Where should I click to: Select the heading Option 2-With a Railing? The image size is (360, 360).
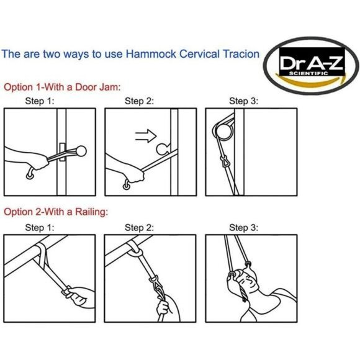tap(56, 212)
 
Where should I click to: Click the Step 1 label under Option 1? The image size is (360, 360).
tap(39, 100)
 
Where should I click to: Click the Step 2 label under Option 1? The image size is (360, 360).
tap(139, 100)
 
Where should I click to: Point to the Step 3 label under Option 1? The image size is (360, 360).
tap(243, 100)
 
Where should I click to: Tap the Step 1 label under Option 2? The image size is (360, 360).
tap(39, 227)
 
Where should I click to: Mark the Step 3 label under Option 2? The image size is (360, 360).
tap(243, 227)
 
